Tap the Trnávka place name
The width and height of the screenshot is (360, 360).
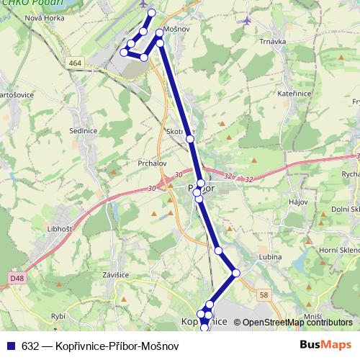coord(272,42)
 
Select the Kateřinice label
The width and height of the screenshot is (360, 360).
coord(292,94)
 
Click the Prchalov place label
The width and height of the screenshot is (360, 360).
coord(152,163)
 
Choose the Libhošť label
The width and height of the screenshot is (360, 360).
coord(59,228)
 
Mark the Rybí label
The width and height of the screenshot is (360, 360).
coord(59,315)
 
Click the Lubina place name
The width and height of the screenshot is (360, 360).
coord(271,256)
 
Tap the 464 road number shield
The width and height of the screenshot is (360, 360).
coord(76,63)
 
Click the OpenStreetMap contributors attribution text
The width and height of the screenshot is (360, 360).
coord(297,323)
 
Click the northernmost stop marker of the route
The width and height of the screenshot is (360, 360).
coord(151,13)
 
